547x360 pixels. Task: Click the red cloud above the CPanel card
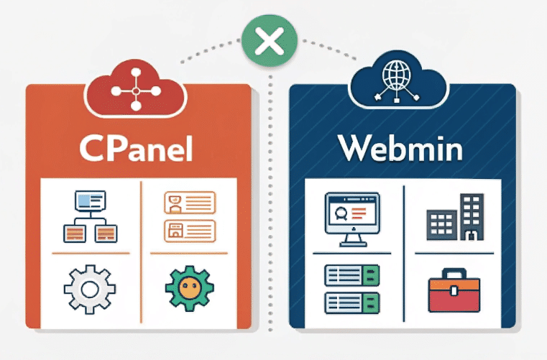136,91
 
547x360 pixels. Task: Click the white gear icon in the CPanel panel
89,290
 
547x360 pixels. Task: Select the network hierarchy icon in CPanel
89,215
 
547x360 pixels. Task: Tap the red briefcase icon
453,290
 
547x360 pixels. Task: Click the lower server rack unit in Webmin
351,300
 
